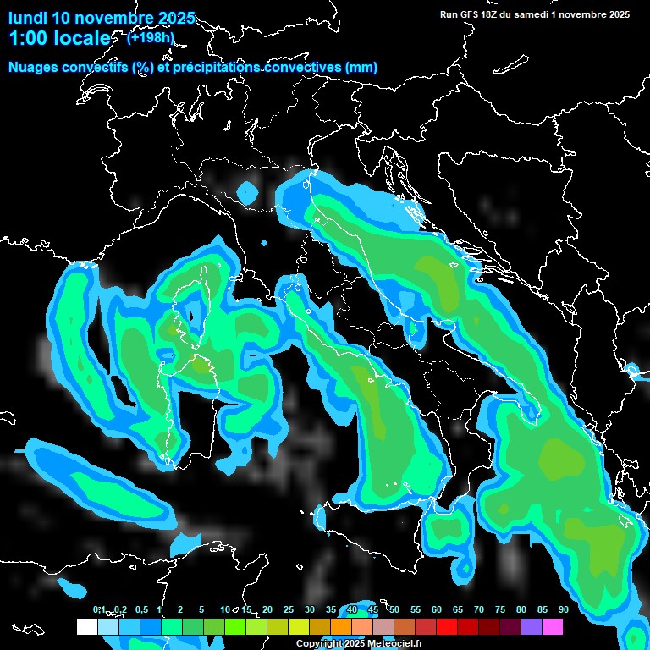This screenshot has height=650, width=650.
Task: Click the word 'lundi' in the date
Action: (28, 18)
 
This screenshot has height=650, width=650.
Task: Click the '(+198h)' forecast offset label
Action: (151, 37)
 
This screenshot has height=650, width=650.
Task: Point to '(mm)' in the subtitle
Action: (361, 68)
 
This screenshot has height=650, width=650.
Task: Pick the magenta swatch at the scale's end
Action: (553, 627)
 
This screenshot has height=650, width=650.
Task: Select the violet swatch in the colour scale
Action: (532, 627)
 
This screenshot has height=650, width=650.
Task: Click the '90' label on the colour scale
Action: (563, 609)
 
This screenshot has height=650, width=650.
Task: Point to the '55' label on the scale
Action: (416, 609)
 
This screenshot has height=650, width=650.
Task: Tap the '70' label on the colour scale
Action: (479, 609)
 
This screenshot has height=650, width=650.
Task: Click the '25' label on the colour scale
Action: (289, 609)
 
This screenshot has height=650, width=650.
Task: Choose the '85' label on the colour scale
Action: (542, 609)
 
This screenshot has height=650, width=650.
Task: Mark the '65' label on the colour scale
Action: (458, 609)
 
